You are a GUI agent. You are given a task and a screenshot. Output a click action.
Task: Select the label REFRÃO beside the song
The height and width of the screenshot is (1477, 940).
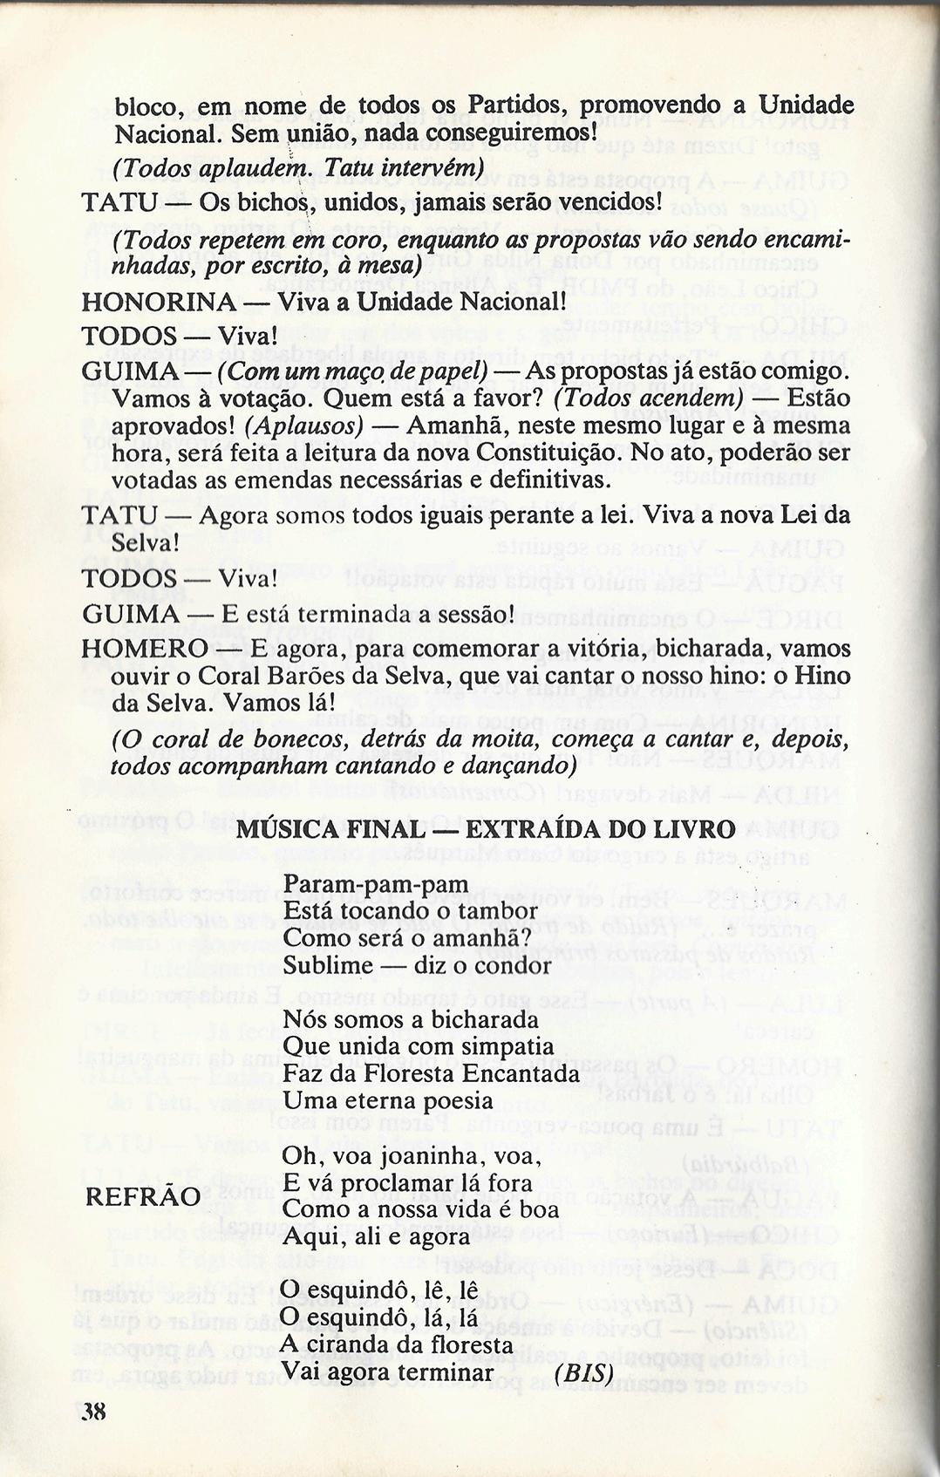point(143,1197)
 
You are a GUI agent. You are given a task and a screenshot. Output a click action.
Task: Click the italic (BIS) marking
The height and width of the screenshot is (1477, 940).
point(583,1371)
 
